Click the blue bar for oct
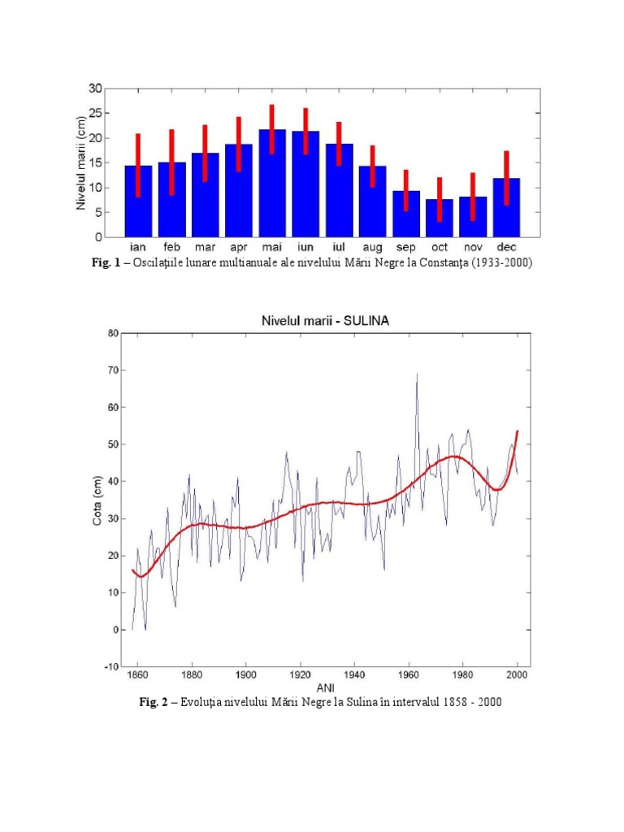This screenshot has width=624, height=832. (440, 219)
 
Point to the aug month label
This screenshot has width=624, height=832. (372, 247)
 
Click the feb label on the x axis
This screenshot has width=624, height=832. (171, 247)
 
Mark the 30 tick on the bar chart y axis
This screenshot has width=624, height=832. (96, 88)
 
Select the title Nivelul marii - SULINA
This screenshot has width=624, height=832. (324, 321)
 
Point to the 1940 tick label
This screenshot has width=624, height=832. (354, 674)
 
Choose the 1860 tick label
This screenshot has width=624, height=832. (138, 674)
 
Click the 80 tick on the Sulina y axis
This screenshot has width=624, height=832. (113, 333)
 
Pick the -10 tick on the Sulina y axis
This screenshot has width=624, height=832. (110, 667)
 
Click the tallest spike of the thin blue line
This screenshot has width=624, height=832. (417, 375)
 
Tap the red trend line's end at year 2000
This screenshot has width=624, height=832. (517, 431)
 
